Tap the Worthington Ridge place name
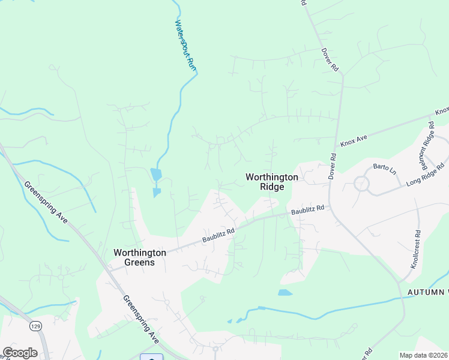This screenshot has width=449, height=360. (271, 182)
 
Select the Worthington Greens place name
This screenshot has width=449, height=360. (139, 257)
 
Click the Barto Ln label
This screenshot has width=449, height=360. (385, 169)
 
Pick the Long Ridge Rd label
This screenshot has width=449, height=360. (426, 174)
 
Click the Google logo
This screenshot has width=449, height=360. (19, 353)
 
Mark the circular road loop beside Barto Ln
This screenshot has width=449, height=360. (361, 184)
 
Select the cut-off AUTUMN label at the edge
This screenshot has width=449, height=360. (428, 292)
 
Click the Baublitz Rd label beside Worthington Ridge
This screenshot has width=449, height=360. (307, 210)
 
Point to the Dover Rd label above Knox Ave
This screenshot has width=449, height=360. (330, 61)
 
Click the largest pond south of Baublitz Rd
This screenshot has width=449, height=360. (285, 293)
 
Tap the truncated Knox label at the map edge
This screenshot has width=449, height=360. (442, 112)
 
